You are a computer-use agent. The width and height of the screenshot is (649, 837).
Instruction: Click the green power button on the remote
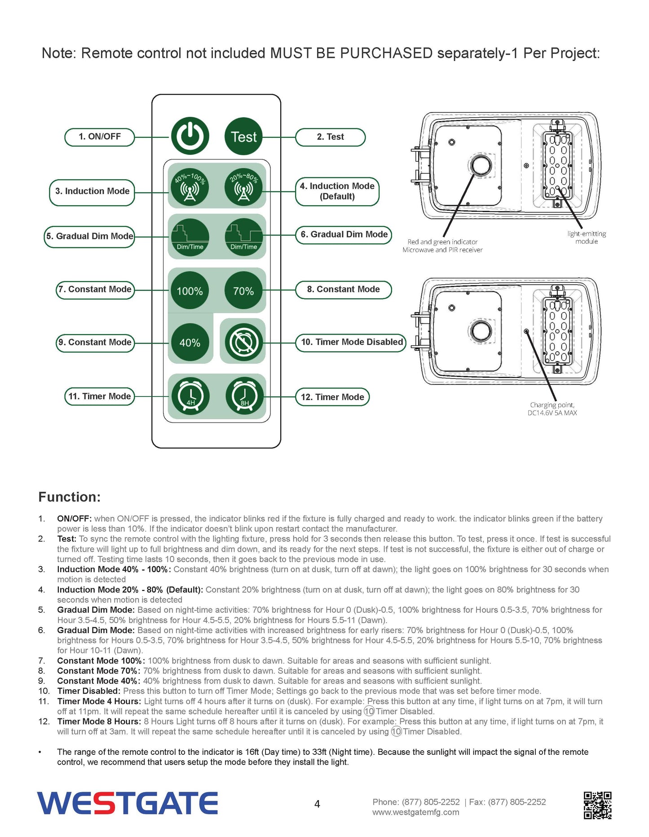[190, 136]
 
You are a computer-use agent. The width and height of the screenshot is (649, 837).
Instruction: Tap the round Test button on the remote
[243, 136]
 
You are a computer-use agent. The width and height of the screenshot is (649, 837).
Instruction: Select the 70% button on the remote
[243, 291]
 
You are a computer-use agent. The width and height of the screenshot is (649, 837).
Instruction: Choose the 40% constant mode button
[190, 342]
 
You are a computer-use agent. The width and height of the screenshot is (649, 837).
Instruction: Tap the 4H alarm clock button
[190, 396]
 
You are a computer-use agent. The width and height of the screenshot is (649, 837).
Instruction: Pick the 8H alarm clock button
[244, 396]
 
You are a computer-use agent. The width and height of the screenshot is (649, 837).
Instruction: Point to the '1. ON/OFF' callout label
[100, 137]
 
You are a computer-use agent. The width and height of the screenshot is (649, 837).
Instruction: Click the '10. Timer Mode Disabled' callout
[352, 342]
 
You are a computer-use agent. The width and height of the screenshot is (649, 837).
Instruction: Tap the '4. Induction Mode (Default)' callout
[337, 191]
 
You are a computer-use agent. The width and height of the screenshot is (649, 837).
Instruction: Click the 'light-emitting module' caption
[586, 238]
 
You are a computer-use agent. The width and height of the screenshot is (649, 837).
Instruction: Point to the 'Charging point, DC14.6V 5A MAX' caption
[552, 409]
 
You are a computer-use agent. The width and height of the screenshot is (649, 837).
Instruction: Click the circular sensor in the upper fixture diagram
[481, 165]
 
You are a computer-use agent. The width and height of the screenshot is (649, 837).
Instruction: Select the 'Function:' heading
[70, 497]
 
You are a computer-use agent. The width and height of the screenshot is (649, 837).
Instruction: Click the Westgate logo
[128, 803]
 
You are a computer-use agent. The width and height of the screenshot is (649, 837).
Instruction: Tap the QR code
[597, 805]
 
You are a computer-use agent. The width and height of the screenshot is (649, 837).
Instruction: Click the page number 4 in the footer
[317, 804]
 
